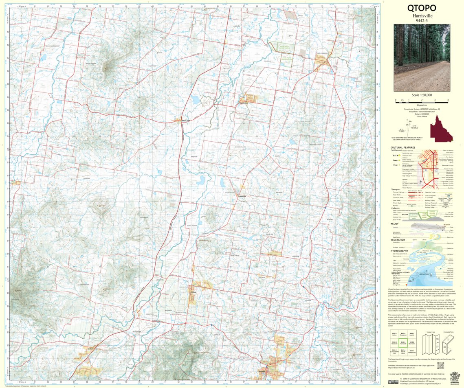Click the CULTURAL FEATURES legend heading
click(x=403, y=148)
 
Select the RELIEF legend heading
click(x=394, y=223)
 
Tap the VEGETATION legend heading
click(x=398, y=239)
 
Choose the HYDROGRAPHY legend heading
click(x=399, y=251)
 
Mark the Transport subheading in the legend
click(x=396, y=189)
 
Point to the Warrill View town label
click(x=186, y=120)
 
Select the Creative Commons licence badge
click(x=393, y=382)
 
